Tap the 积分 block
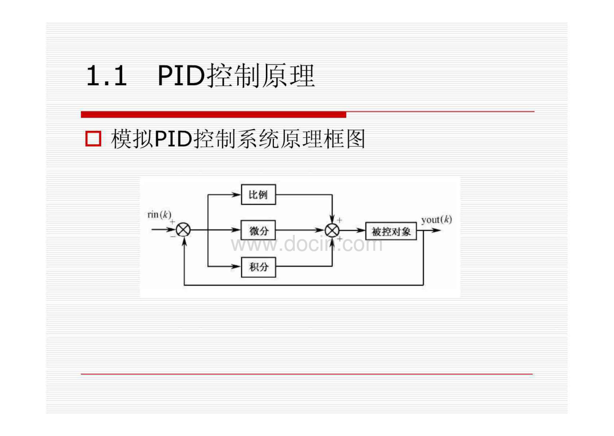(x=258, y=267)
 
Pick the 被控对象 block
(x=391, y=231)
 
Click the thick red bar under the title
(x=213, y=115)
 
